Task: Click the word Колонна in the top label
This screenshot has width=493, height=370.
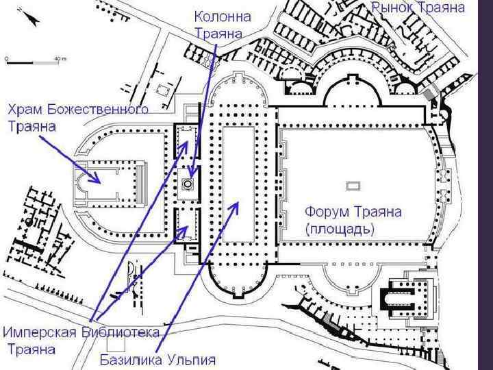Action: click(x=223, y=15)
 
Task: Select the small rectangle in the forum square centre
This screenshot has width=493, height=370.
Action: click(x=353, y=185)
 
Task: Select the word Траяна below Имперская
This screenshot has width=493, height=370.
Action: click(x=31, y=349)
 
